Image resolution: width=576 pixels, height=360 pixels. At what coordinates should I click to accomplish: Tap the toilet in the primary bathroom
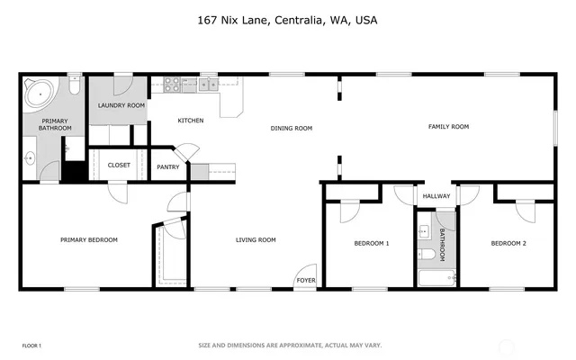pyautogui.click(x=74, y=87)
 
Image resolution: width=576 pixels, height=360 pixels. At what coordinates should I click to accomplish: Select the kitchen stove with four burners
pyautogui.click(x=169, y=85)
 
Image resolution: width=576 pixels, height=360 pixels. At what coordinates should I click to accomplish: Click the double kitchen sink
pyautogui.click(x=208, y=85)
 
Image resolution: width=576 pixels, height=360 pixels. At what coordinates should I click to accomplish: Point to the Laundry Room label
pyautogui.click(x=121, y=105)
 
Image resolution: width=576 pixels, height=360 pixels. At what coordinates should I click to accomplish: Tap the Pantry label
pyautogui.click(x=168, y=166)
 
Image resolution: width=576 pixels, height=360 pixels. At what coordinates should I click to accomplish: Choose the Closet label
pyautogui.click(x=119, y=165)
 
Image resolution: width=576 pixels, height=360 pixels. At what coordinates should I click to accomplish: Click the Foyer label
pyautogui.click(x=306, y=279)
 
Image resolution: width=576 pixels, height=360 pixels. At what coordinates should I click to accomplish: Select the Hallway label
pyautogui.click(x=436, y=195)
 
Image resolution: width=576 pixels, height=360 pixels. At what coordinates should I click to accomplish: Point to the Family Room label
pyautogui.click(x=447, y=127)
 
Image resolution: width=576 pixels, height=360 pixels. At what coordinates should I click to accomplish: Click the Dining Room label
pyautogui.click(x=291, y=129)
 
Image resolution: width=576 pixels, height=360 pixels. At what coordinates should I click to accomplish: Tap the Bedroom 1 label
pyautogui.click(x=371, y=243)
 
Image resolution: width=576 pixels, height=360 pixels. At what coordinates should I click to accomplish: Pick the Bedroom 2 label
pyautogui.click(x=508, y=243)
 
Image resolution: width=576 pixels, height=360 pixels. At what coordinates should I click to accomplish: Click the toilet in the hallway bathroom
pyautogui.click(x=427, y=255)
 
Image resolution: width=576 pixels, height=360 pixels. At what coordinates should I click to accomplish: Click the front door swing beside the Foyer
pyautogui.click(x=307, y=270)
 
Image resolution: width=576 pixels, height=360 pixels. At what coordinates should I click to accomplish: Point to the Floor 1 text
pyautogui.click(x=31, y=346)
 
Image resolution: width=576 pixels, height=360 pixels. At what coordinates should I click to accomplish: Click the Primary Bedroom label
pyautogui.click(x=88, y=239)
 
